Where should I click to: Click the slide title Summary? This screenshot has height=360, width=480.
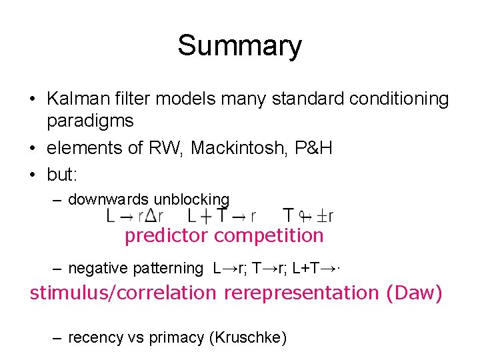coord(239,46)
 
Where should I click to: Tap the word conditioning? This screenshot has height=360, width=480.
coord(405,99)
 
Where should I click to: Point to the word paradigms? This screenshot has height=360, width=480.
coord(90,121)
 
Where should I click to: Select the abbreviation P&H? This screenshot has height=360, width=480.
coord(313,147)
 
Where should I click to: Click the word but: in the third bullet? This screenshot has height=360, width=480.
coord(63,174)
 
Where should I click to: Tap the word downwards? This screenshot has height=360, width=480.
coord(109,199)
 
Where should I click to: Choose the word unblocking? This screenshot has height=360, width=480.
coord(191,199)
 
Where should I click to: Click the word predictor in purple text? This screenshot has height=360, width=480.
coord(167,235)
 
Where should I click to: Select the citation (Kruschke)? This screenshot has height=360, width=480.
coord(248,338)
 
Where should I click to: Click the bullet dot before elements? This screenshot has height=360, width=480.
coord(32,148)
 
